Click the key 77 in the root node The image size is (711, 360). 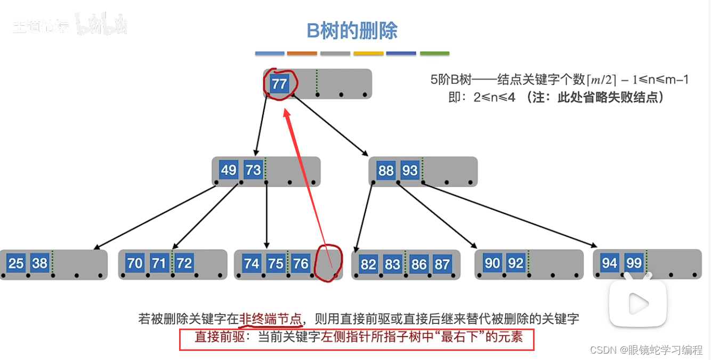click(x=279, y=84)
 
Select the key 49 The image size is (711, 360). click(x=228, y=170)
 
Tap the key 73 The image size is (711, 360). click(x=253, y=170)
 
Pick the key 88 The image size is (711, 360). click(x=385, y=170)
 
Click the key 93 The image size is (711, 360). click(x=410, y=170)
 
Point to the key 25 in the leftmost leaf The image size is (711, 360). click(x=16, y=263)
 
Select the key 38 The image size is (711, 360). click(x=40, y=263)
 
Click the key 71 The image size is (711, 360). click(x=158, y=263)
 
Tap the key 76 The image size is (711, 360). click(x=301, y=263)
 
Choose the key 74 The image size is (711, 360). click(x=252, y=263)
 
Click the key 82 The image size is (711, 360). click(x=368, y=264)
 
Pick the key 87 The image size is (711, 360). click(x=442, y=264)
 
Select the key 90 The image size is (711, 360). click(x=492, y=263)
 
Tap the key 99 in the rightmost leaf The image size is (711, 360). click(x=634, y=263)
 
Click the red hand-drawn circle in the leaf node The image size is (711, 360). click(x=327, y=262)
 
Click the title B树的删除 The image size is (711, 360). click(x=352, y=31)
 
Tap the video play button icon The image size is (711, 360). click(x=638, y=302)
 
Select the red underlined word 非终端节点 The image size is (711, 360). click(x=270, y=319)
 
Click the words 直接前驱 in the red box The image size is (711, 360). click(x=216, y=338)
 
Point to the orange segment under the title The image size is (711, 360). click(x=302, y=53)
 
